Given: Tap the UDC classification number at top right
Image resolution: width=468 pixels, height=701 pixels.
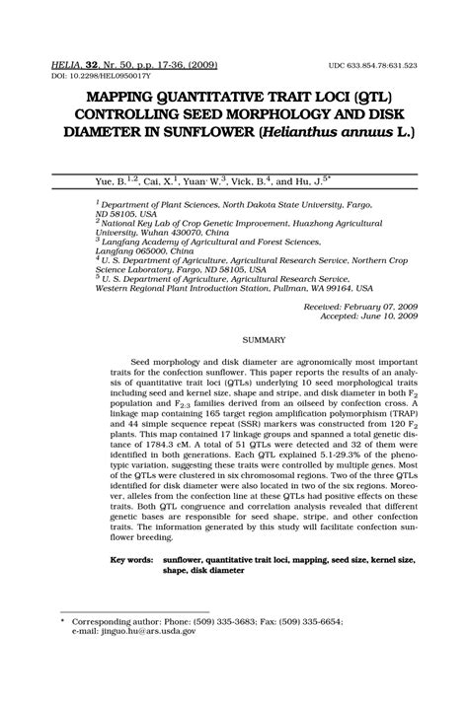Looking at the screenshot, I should pos(372,65).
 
